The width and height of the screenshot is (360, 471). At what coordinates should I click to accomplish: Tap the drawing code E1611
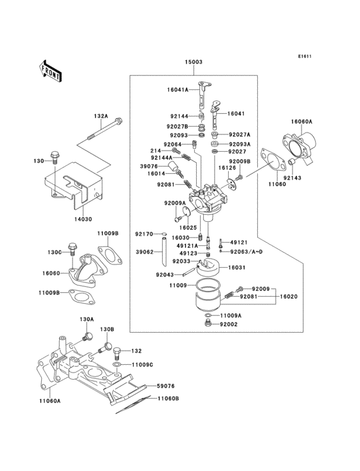point(304,56)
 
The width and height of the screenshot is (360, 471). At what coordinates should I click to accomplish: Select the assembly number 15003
point(194,63)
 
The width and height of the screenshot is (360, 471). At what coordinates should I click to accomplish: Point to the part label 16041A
point(177,90)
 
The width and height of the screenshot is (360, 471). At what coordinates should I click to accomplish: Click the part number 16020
point(290,297)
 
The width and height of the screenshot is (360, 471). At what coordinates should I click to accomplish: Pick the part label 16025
point(188,227)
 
